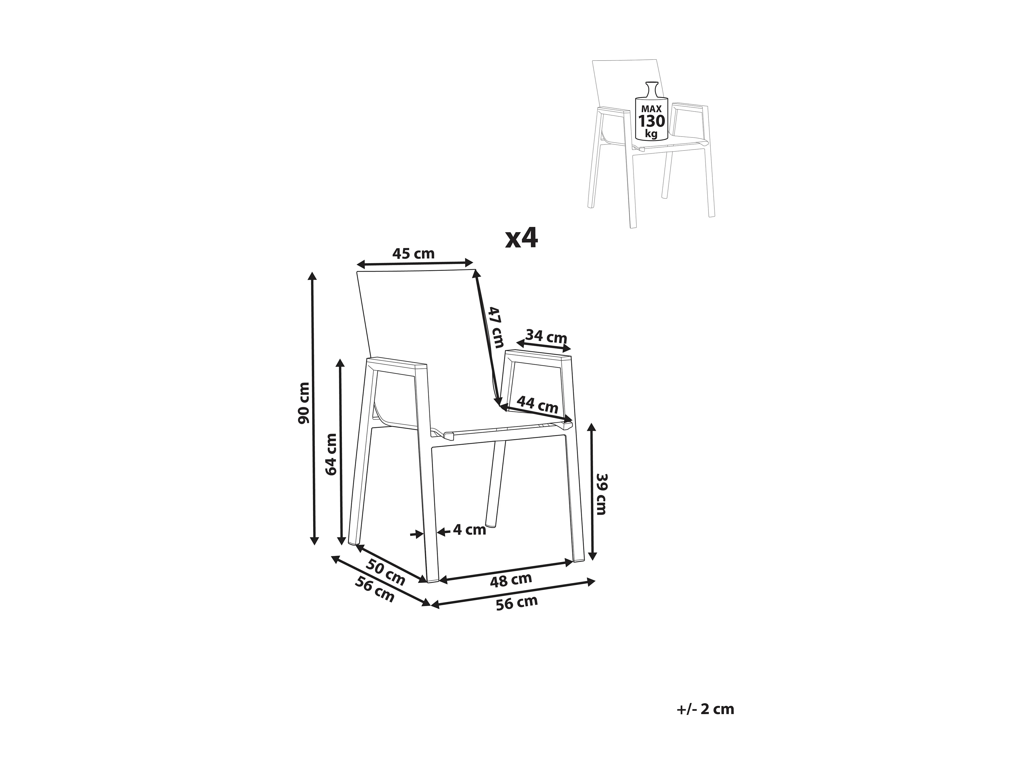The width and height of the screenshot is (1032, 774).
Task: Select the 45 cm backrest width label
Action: [x=413, y=254]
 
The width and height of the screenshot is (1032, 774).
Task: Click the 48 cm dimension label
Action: [x=511, y=580]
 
